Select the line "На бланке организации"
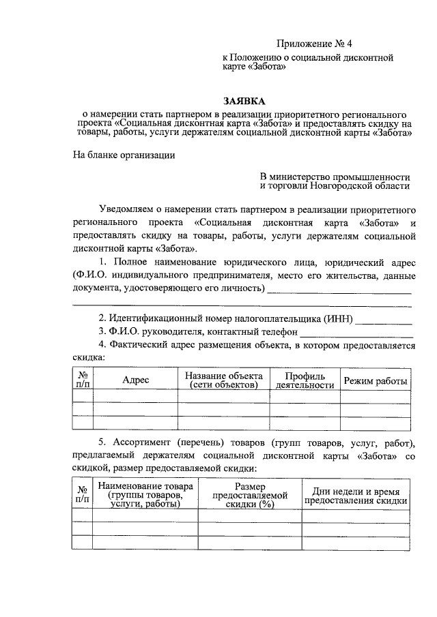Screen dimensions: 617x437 pyautogui.click(x=124, y=155)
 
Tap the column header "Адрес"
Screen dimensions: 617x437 pyautogui.click(x=135, y=380)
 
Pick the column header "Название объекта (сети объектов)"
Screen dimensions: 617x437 pyautogui.click(x=223, y=380)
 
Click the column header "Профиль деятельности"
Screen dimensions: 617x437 pyautogui.click(x=305, y=380)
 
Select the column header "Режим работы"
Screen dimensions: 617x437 pyautogui.click(x=376, y=380)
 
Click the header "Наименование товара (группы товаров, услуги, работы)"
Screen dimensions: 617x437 pyautogui.click(x=144, y=495)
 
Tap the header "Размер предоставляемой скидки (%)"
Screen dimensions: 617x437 pyautogui.click(x=249, y=496)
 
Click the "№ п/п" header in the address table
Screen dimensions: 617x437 pyautogui.click(x=83, y=380)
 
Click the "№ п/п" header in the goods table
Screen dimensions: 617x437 pyautogui.click(x=83, y=495)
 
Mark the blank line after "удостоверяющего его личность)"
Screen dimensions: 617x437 pyautogui.click(x=339, y=292)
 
